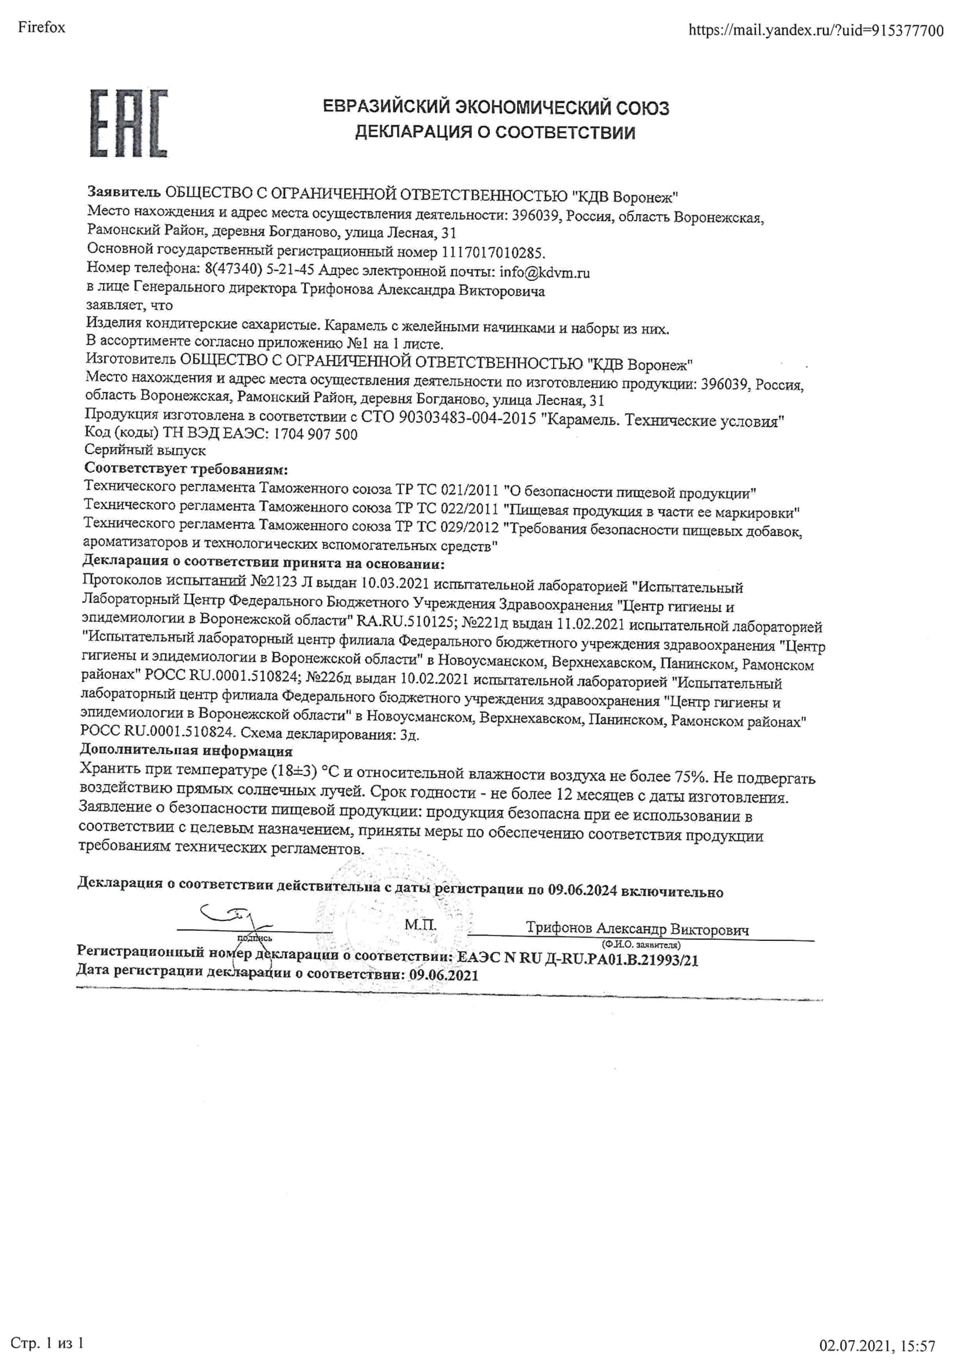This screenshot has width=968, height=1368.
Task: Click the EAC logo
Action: coord(128,123)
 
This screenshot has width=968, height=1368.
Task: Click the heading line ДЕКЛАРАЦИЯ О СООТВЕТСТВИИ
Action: coord(495,132)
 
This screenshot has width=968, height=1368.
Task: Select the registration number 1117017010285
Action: coord(493,253)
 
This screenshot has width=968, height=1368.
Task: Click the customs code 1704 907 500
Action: coord(315,435)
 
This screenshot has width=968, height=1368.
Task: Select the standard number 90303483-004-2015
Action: coord(467,418)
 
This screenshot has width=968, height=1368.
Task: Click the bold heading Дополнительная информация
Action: coord(186,751)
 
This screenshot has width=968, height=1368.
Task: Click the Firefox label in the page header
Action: coord(42,28)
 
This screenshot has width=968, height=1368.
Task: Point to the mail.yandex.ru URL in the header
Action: coord(816,30)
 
